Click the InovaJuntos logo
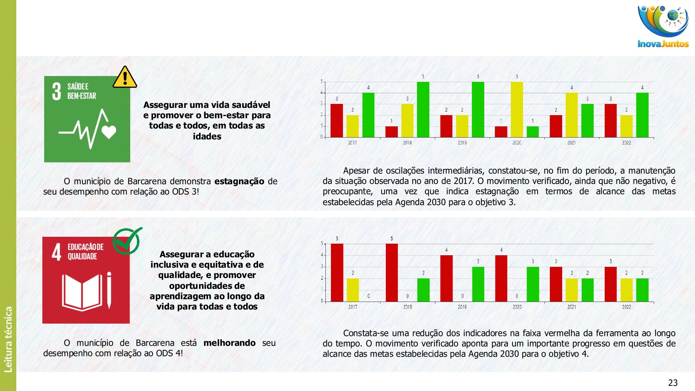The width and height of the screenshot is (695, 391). click(663, 27)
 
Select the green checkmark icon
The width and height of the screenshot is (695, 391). click(127, 241)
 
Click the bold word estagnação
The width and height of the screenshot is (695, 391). click(239, 181)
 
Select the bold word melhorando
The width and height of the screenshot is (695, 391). click(229, 342)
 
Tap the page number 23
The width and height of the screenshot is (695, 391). click(673, 383)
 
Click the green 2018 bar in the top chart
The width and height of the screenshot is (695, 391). click(423, 109)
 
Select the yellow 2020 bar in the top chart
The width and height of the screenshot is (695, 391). click(517, 109)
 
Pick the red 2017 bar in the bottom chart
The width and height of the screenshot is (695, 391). click(337, 272)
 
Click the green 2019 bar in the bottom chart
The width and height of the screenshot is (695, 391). click(478, 284)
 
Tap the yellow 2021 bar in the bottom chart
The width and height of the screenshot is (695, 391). click(572, 290)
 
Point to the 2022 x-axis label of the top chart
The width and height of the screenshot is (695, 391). click(626, 143)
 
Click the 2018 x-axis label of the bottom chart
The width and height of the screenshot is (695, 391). click(408, 307)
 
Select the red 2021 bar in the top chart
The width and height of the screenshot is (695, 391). click(556, 126)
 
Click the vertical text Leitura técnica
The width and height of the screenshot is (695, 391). click(8, 339)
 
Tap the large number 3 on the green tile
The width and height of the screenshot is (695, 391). click(56, 91)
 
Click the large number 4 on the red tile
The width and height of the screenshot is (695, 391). click(56, 252)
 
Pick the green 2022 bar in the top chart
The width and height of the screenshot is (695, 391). click(642, 115)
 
